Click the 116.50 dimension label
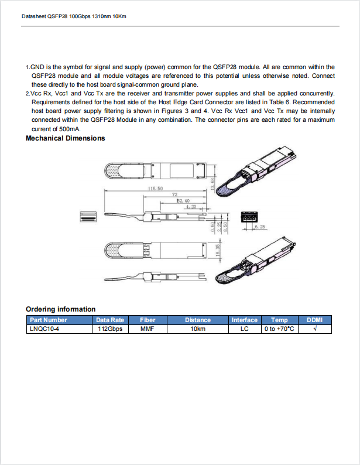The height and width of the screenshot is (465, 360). [x=155, y=189]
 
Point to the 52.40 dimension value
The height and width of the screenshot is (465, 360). [x=183, y=201]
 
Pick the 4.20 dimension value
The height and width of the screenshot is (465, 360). [x=190, y=207]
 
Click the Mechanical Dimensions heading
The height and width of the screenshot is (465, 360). [x=66, y=138]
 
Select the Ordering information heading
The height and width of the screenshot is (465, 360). [x=61, y=309]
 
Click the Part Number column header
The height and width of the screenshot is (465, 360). [x=49, y=320]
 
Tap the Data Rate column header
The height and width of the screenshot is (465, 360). [x=109, y=320]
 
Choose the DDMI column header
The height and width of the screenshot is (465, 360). [x=315, y=320]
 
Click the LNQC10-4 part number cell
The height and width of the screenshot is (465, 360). [x=44, y=329]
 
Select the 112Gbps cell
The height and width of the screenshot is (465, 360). [x=109, y=329]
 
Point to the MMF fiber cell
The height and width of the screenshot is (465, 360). [x=148, y=329]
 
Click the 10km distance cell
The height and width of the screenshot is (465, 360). [x=197, y=329]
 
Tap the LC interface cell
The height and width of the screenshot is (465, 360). [x=245, y=329]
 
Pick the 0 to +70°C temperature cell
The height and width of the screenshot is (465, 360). [x=279, y=329]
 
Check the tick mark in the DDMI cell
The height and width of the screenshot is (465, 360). [x=315, y=329]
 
